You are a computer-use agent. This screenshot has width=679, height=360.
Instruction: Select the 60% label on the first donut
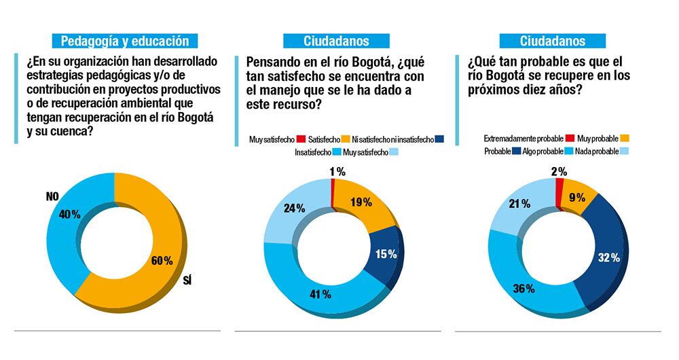[x=162, y=260]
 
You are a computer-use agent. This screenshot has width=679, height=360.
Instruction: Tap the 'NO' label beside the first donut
[x=54, y=197]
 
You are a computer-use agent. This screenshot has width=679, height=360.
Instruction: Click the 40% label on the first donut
[x=69, y=215]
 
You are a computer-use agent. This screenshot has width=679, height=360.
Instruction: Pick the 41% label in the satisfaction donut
[x=320, y=294]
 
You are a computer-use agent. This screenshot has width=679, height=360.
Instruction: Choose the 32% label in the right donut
[x=608, y=257]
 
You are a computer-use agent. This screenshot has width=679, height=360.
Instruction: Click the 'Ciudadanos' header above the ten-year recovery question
[x=552, y=41]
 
